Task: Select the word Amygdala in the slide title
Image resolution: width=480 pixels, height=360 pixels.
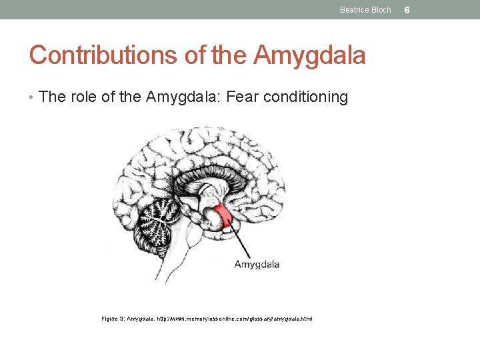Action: pos(310,55)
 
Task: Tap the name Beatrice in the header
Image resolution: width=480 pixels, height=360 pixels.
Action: pos(353,10)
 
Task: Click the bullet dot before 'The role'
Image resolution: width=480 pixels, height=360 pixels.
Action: pos(32,98)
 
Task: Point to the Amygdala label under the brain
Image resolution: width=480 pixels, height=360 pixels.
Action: pos(257,265)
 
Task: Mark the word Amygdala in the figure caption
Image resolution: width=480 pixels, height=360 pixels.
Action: pos(140,319)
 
